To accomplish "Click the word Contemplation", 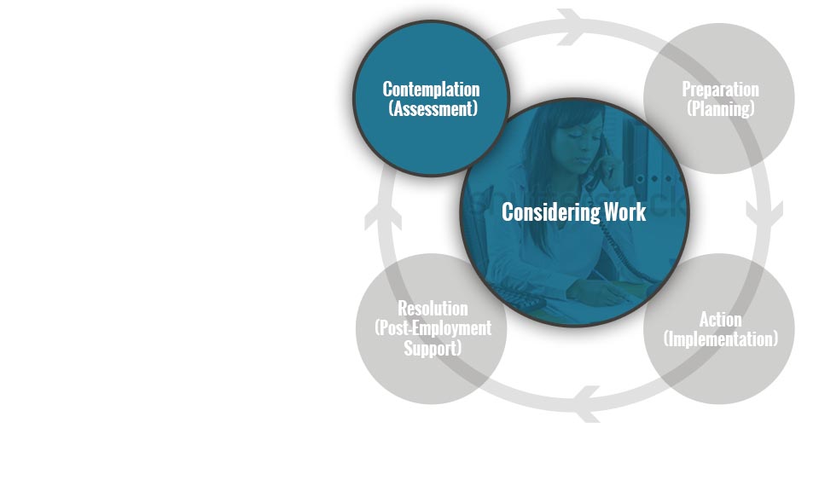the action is pos(431,90).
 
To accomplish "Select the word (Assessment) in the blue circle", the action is pos(433,109).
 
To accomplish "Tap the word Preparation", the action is pos(720,90).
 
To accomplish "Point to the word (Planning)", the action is pos(720,109).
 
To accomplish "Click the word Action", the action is pos(720,320).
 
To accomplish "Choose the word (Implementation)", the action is pos(720,339).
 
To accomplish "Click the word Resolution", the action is pos(433,309).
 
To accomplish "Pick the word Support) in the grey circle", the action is pos(433,348).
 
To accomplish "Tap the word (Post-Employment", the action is pos(433,328).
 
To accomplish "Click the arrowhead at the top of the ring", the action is pos(571,26).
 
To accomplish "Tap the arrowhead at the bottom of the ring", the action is pos(587,404).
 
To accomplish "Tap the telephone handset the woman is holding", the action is pos(601,162).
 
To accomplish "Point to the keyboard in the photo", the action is pos(514,298).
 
